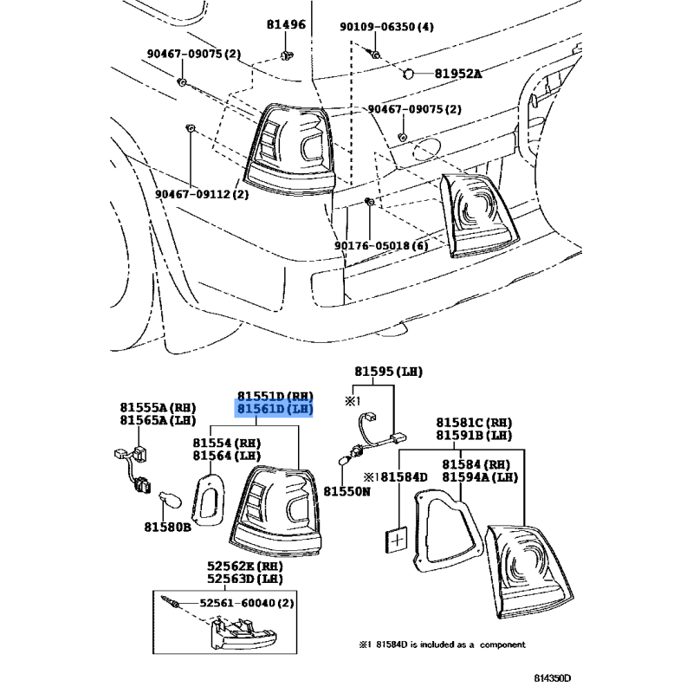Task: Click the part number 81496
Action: (286, 24)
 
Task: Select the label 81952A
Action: (458, 74)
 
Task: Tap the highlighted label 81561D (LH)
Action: (275, 409)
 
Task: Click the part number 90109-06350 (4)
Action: (386, 27)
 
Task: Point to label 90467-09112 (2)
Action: (202, 194)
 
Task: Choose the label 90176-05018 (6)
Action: (381, 245)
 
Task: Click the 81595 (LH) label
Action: (388, 372)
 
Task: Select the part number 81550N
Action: (347, 491)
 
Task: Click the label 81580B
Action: (167, 527)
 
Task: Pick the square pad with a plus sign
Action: (397, 540)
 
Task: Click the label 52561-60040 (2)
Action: (247, 603)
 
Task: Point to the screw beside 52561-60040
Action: (170, 600)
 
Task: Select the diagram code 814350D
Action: (553, 678)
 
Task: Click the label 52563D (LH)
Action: (245, 579)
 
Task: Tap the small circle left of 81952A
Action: (408, 74)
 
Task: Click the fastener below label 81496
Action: (287, 55)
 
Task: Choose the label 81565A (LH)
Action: (158, 420)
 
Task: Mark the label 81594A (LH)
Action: (480, 477)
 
